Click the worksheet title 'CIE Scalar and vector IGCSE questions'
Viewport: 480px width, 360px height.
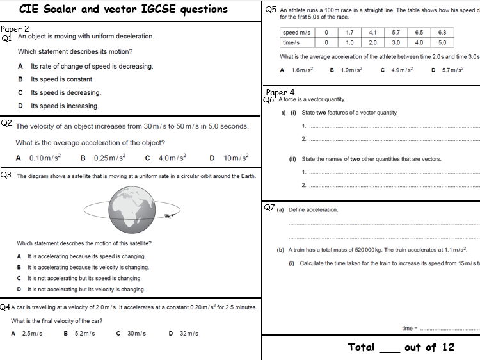point(124,9)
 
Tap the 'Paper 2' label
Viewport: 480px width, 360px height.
point(15,29)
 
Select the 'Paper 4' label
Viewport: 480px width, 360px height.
point(280,92)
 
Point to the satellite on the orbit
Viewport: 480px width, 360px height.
point(168,216)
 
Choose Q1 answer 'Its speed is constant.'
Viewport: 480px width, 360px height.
point(62,79)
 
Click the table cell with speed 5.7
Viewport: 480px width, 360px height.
point(396,32)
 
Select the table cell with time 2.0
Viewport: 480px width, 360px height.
point(372,42)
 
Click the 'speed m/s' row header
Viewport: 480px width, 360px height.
point(296,32)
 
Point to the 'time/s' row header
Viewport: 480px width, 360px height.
point(292,42)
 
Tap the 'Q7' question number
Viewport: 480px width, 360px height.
point(269,208)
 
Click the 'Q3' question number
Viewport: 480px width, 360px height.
point(6,174)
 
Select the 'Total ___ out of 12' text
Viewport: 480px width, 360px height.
point(401,347)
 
